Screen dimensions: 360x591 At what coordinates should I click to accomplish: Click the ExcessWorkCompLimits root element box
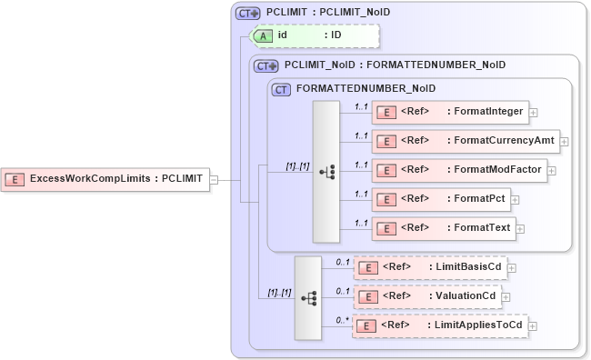(105, 179)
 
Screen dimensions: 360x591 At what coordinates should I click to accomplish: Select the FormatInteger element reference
(450, 112)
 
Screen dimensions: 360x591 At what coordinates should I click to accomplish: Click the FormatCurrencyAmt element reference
(466, 141)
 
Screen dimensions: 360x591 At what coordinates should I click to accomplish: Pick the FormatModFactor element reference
(460, 170)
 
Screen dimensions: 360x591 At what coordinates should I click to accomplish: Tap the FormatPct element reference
(440, 198)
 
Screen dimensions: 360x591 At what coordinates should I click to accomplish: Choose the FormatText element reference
(444, 226)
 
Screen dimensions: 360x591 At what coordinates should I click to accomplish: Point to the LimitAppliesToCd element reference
(439, 325)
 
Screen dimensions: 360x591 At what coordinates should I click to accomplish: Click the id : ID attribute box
(314, 35)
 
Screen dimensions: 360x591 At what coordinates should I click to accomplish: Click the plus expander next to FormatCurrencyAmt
(565, 141)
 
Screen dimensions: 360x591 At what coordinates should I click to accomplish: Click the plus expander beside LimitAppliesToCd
(534, 325)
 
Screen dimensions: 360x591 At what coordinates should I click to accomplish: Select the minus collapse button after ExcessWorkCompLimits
(214, 179)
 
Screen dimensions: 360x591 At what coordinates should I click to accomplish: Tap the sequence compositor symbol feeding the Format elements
(326, 171)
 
